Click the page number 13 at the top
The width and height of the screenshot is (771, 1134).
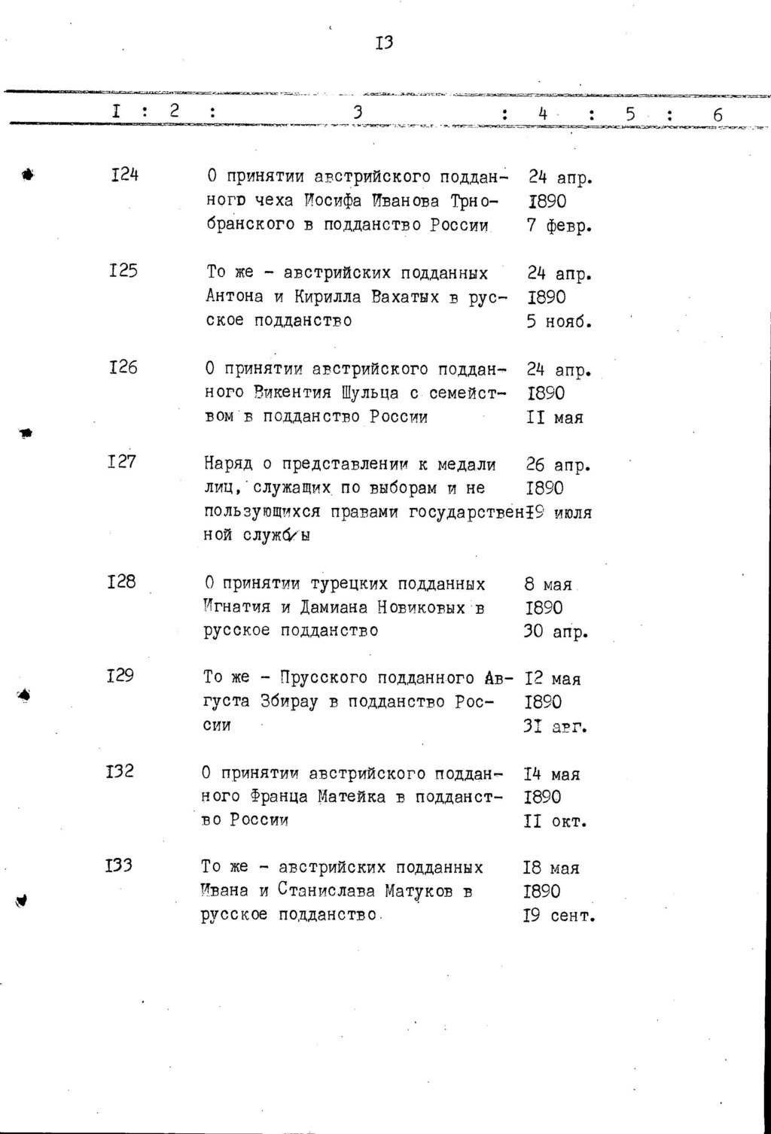pos(384,42)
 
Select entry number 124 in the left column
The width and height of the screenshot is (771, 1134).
pos(124,175)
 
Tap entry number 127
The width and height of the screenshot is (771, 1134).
pos(122,461)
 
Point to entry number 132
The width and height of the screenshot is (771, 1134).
pos(120,771)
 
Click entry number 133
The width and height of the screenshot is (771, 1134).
pos(119,865)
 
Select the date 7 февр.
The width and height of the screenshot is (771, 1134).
pos(559,226)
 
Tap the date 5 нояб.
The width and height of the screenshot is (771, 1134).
pos(559,321)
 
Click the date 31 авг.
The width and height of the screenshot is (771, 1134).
pos(555,727)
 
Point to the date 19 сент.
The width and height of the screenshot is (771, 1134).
pos(559,917)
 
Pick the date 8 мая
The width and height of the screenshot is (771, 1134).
pos(548,585)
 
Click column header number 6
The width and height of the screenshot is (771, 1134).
pos(717,115)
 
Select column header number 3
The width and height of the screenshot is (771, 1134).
pos(358,112)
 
